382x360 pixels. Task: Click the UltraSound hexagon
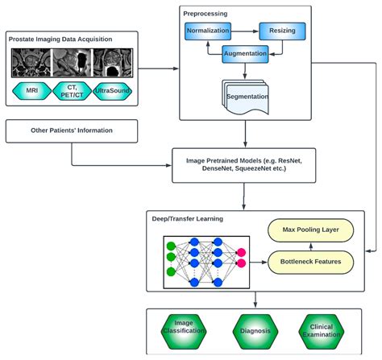[x=114, y=90]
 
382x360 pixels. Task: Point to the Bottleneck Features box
[x=310, y=262]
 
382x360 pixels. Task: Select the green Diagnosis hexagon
[x=255, y=330]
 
